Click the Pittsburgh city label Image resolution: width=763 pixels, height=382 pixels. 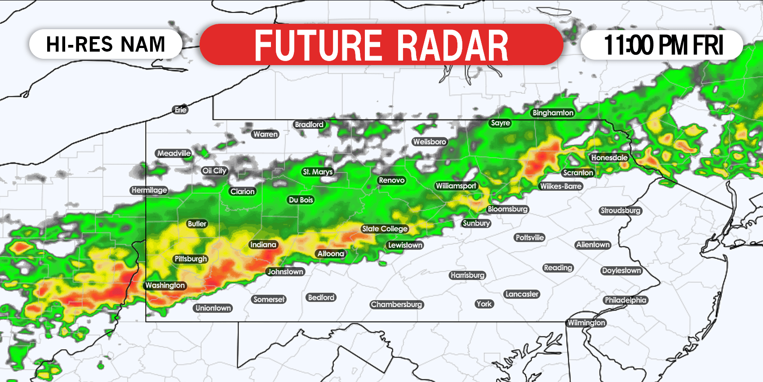point(191,259)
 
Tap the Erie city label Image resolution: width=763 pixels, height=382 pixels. point(180,110)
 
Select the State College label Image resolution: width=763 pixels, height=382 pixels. point(385,229)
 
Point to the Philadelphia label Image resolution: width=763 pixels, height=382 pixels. point(625,300)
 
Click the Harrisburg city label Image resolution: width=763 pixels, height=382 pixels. point(467,275)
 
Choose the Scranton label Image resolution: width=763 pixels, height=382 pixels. point(578,173)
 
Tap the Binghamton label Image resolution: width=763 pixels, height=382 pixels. point(553,113)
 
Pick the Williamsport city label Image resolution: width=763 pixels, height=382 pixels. point(456,186)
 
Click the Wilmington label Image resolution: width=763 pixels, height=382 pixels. point(586,323)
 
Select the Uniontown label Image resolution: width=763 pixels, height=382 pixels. point(213,308)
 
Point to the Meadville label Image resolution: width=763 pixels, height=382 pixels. point(174,154)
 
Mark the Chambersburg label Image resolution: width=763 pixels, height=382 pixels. point(396,304)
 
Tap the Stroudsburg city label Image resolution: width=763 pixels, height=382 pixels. point(621,211)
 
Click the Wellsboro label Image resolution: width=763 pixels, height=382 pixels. point(430,142)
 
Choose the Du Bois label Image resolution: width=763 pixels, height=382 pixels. point(301,200)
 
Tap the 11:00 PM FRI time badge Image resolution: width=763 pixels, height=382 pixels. point(663,45)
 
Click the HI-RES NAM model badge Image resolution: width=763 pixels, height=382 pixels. point(106,44)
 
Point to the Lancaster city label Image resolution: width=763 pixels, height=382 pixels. point(522,294)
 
